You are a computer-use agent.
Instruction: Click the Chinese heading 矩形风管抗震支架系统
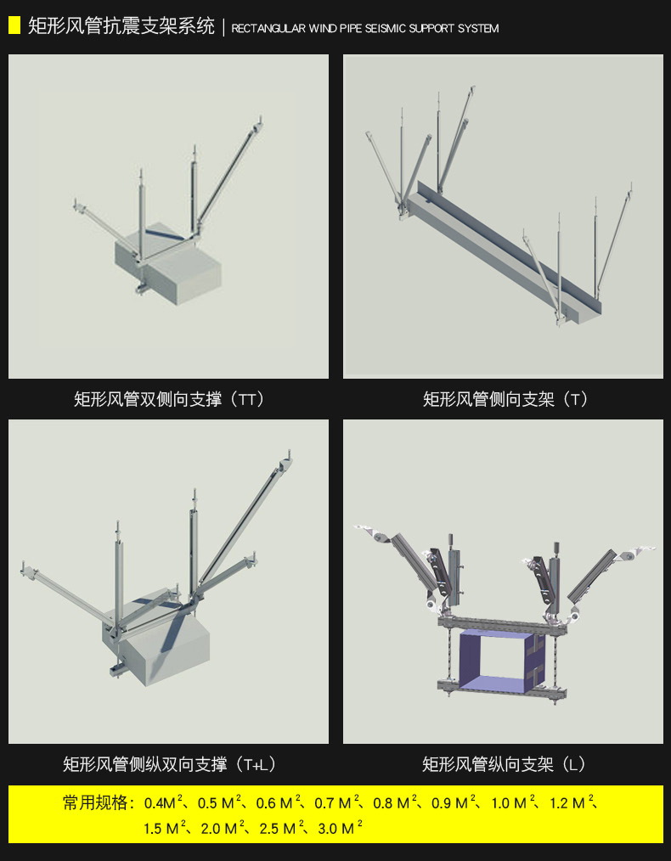coord(121,26)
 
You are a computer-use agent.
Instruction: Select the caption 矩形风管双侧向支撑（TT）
coord(170,399)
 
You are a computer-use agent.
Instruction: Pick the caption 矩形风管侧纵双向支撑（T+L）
coord(170,764)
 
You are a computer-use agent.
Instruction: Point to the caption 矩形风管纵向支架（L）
coord(505,764)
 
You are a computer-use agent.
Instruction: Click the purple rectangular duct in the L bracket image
coord(493,657)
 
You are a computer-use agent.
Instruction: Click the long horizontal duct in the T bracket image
coord(501,255)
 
